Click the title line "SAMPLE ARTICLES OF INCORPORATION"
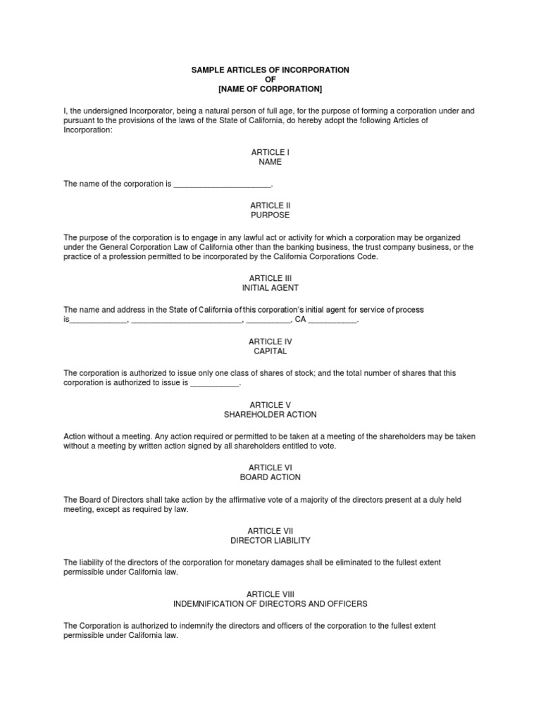pos(270,70)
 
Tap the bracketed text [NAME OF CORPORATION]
pos(270,89)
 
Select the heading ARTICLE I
pos(270,152)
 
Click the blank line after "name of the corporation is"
pos(222,185)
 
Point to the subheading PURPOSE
pos(270,215)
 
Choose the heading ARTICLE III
pos(270,278)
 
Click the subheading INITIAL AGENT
pos(270,288)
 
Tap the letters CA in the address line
pos(300,320)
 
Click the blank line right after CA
pos(332,321)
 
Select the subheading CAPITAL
pos(270,351)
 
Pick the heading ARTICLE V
pos(270,405)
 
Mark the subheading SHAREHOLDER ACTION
pos(270,415)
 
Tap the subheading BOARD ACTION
pos(270,477)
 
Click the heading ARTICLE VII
pos(270,530)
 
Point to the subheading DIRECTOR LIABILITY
pos(270,541)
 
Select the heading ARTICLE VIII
pos(270,594)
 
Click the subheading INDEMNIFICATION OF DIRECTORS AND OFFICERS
pos(270,604)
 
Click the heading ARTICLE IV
pos(270,341)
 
